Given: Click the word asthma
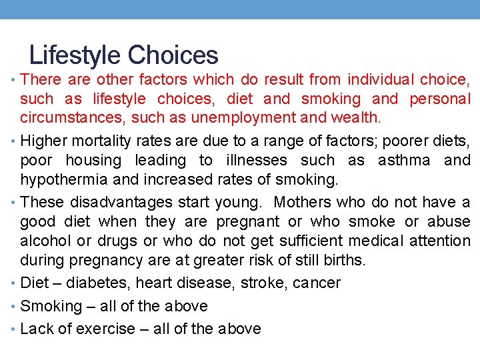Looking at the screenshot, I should coord(405,161).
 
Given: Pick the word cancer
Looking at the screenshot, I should coord(317,283).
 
